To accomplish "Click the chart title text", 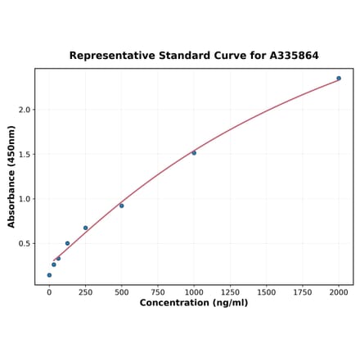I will point(194,56).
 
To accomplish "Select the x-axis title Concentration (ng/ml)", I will point(194,303).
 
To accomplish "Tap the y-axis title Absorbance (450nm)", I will point(11,177).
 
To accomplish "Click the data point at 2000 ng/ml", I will point(339,79).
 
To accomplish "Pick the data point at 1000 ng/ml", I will point(194,153).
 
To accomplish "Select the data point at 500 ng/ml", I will point(122,205).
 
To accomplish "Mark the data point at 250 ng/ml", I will point(85,228).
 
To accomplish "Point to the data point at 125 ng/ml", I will point(67,243).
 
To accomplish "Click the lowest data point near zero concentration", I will point(49,275).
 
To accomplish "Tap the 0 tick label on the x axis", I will point(49,291).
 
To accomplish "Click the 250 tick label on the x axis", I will point(85,291).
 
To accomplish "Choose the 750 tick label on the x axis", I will point(158,291).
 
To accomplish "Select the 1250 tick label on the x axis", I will point(230,291).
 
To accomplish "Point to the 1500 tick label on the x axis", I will point(266,291).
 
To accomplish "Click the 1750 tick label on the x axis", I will point(303,291).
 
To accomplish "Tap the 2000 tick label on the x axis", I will point(339,291).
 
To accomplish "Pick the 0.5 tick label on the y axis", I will point(25,244).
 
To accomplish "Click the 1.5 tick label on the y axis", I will point(25,155).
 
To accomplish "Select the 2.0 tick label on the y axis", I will point(25,110).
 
